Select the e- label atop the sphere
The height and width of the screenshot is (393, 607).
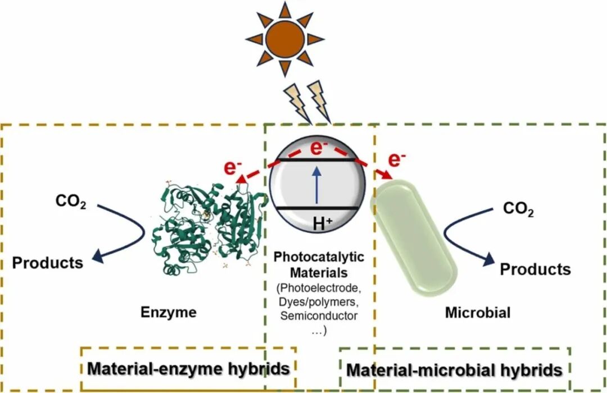point(319,148)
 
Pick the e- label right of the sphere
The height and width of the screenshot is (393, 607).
point(397,159)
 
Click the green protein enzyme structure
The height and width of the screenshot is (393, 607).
point(209,227)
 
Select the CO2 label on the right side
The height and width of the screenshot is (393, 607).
point(517,209)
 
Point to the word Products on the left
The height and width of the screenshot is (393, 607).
point(48,262)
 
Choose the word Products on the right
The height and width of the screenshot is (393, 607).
point(535,269)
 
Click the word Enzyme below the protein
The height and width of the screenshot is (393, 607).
point(169,313)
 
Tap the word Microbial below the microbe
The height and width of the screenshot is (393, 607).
point(478,313)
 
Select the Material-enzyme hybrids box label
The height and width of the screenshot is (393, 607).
point(189,369)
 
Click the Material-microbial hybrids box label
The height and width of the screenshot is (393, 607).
point(454,370)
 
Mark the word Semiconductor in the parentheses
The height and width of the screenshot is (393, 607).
point(319,316)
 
